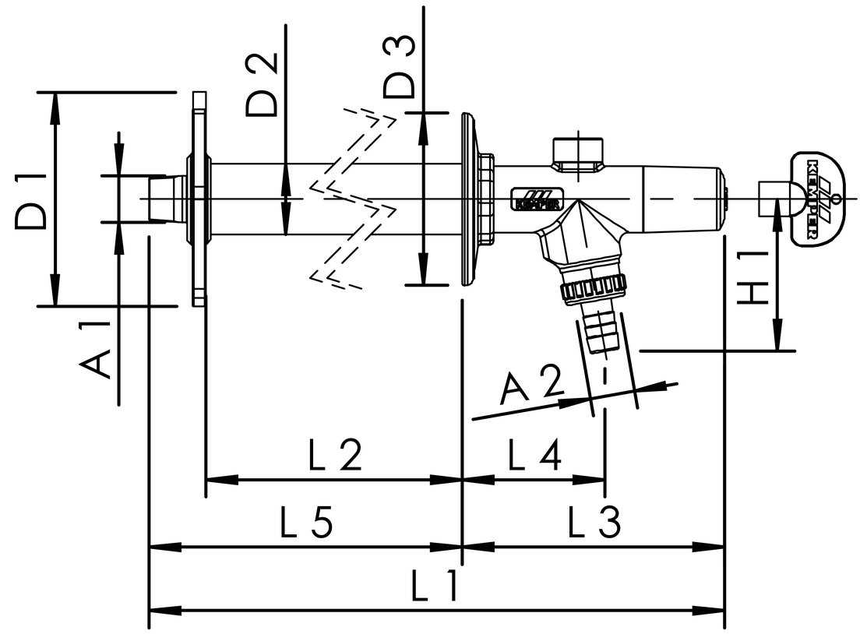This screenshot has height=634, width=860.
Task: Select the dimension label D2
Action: (262, 84)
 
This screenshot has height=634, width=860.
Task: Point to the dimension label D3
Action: (399, 67)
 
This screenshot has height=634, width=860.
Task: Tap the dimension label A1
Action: (95, 351)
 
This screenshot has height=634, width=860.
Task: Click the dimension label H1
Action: (751, 278)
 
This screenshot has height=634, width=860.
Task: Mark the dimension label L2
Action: (335, 455)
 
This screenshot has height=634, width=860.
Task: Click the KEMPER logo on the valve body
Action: (537, 199)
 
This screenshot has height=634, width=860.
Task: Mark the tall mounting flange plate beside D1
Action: (199, 199)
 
